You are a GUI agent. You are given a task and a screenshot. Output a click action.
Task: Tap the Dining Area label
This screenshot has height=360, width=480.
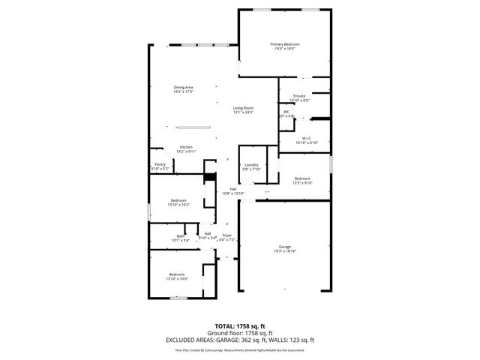pyautogui.click(x=184, y=88)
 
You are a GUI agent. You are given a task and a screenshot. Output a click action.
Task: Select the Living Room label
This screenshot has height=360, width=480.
pyautogui.click(x=243, y=108)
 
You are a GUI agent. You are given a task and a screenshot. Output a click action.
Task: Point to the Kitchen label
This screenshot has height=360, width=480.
pyautogui.click(x=186, y=146)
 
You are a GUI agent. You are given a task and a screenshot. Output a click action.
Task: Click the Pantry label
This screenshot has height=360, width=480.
pyautogui.click(x=160, y=164)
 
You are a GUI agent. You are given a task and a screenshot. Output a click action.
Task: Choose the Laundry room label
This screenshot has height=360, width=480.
pyautogui.click(x=251, y=165)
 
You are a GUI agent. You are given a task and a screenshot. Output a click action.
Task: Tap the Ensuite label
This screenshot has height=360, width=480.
pyautogui.click(x=299, y=96)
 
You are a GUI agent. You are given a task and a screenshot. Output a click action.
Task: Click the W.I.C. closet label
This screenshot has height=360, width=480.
pyautogui.click(x=307, y=138)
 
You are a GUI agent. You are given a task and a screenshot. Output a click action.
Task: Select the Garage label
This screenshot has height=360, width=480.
pyautogui.click(x=284, y=247)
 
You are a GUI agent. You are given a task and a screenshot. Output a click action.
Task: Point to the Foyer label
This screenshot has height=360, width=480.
pyautogui.click(x=226, y=235)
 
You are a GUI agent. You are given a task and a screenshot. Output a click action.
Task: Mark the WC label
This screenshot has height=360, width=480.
pyautogui.click(x=286, y=112)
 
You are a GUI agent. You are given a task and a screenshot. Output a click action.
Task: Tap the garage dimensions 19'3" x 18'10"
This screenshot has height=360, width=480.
pyautogui.click(x=284, y=251)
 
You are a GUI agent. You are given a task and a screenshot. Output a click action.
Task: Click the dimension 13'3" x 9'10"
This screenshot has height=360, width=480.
pyautogui.click(x=302, y=182)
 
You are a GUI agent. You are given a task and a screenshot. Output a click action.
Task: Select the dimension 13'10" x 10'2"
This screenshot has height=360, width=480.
pyautogui.click(x=180, y=204)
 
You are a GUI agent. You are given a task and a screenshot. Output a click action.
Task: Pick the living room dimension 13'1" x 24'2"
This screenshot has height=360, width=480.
pyautogui.click(x=243, y=112)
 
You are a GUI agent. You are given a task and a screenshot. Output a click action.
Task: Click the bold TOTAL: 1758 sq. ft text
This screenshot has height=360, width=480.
pyautogui.click(x=239, y=327)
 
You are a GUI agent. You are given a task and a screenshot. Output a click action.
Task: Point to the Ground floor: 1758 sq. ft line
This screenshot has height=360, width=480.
pyautogui.click(x=239, y=333)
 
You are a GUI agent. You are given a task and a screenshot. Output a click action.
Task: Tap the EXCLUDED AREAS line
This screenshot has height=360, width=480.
pyautogui.click(x=239, y=340)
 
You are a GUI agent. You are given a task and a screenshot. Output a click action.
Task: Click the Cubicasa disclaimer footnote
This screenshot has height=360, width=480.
pyautogui.click(x=239, y=349)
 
